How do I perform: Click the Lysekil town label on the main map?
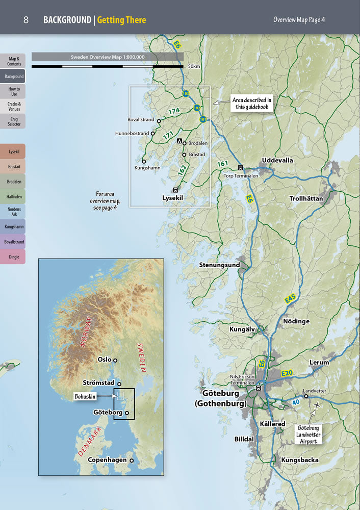172,197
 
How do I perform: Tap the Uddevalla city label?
277,160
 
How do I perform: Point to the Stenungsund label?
219,265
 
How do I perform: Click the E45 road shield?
290,300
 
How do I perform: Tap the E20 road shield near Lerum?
287,374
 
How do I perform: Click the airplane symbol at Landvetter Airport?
319,405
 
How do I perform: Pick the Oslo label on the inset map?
105,360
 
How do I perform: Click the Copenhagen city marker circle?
132,460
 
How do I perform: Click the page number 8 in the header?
25,20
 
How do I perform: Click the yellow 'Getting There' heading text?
121,20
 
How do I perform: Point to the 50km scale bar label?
194,66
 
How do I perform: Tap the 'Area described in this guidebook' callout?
252,104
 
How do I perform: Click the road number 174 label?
174,111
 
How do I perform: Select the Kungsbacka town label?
300,460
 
